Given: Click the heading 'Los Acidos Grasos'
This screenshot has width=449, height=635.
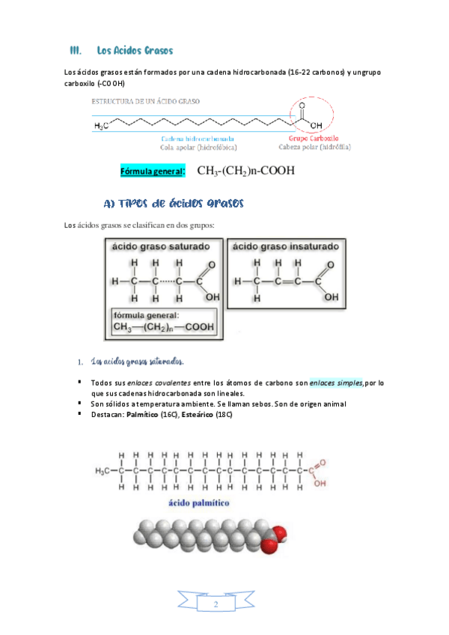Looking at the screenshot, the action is coord(135,50).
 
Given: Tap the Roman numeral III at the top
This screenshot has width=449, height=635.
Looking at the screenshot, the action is coord(74,50).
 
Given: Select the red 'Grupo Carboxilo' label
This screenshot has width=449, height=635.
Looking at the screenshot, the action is coord(314,139).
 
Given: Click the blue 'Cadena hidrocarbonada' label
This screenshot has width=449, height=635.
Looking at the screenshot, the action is coord(198,139).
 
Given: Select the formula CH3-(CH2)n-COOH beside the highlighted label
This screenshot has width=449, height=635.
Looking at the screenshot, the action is coord(245,171).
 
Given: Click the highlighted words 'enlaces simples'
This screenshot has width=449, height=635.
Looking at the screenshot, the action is coord(335,383).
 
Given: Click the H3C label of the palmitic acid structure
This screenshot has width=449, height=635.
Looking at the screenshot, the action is coord(103,471).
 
